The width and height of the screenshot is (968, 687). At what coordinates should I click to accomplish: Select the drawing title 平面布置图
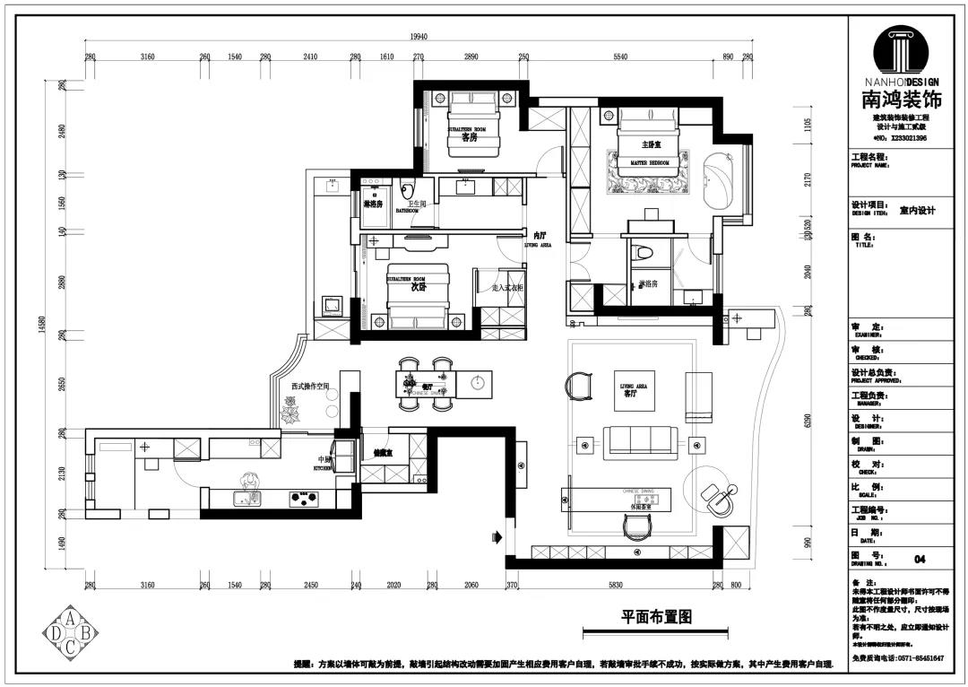pyautogui.click(x=657, y=617)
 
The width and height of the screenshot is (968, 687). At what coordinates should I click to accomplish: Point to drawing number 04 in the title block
pyautogui.click(x=919, y=559)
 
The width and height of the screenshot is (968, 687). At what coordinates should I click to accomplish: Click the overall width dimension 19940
pyautogui.click(x=419, y=37)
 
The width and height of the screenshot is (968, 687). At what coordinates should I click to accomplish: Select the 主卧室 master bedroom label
pyautogui.click(x=651, y=143)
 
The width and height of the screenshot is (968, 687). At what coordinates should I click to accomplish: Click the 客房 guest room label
pyautogui.click(x=468, y=137)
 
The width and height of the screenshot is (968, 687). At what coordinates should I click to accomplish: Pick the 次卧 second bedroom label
pyautogui.click(x=418, y=289)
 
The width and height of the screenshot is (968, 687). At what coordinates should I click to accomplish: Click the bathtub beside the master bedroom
pyautogui.click(x=719, y=181)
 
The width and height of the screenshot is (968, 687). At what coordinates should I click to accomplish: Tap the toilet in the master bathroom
pyautogui.click(x=642, y=254)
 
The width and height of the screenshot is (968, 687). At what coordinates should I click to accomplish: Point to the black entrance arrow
pyautogui.click(x=496, y=538)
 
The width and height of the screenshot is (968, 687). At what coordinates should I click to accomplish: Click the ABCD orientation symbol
pyautogui.click(x=72, y=634)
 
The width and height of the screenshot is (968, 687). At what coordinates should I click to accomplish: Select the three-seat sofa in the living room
pyautogui.click(x=640, y=441)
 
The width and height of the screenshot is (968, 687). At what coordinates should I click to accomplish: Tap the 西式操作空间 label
pyautogui.click(x=310, y=387)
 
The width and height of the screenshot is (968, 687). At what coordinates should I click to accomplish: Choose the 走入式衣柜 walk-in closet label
pyautogui.click(x=507, y=288)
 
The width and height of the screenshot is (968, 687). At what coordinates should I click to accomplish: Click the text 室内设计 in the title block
pyautogui.click(x=917, y=211)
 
